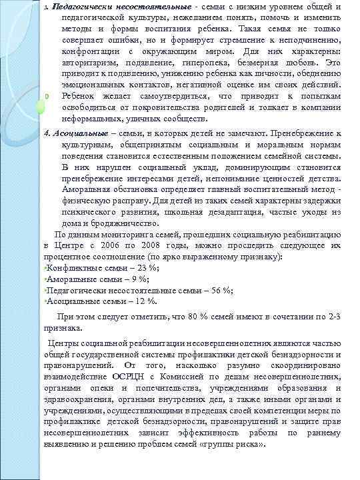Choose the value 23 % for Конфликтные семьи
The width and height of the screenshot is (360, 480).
(x=138, y=267)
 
